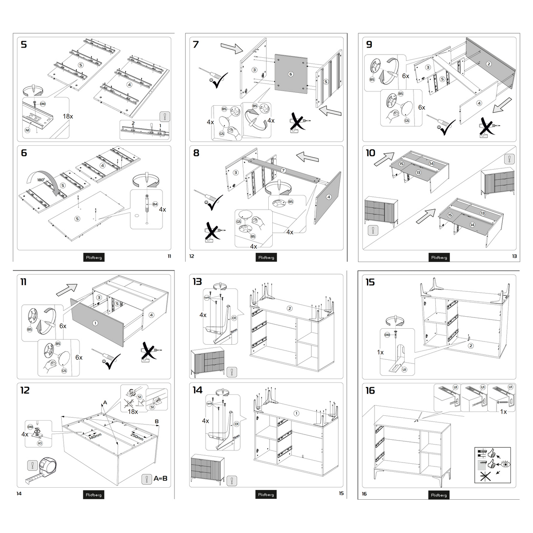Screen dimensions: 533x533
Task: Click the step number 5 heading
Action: click(24, 44)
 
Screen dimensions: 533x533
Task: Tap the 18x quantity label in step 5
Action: click(68, 116)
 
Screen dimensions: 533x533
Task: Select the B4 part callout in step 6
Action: click(155, 204)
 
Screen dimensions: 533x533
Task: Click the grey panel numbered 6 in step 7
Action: click(291, 74)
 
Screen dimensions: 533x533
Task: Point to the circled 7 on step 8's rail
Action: click(283, 171)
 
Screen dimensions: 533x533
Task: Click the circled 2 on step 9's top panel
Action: click(489, 64)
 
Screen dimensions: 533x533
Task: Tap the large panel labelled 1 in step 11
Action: click(95, 323)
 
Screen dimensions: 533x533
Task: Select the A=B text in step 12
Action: click(160, 478)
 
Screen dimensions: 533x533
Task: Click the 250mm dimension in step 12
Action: click(137, 436)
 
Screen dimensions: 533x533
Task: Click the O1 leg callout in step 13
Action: click(234, 318)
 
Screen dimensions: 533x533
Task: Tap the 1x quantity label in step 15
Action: click(380, 352)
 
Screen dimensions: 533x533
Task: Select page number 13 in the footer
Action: click(514, 256)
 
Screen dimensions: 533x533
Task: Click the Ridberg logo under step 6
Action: click(94, 257)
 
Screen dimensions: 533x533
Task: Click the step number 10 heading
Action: click(370, 153)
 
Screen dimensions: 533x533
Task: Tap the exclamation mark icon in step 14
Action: click(231, 480)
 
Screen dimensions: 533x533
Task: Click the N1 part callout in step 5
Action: click(28, 130)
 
